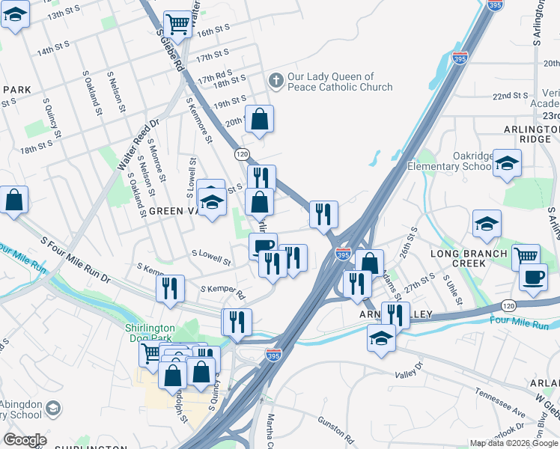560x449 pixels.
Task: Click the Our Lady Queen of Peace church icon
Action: pos(276,81)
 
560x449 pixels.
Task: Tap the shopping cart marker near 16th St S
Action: pos(177,25)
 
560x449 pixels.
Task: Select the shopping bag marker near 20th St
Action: pos(259,120)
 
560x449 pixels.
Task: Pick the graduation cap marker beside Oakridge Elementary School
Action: pos(507,164)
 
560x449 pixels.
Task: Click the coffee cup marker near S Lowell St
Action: pos(263,247)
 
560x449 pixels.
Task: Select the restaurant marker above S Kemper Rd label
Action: pos(171,289)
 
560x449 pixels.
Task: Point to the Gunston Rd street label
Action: pos(335,426)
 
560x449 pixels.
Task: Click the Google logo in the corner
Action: pos(25,440)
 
